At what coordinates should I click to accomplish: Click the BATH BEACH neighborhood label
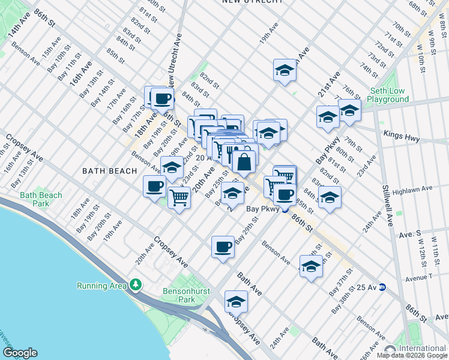(x=109, y=171)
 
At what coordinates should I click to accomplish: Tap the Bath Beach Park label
(x=41, y=199)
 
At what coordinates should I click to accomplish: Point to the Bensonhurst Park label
(x=172, y=295)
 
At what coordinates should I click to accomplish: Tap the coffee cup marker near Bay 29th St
(x=223, y=247)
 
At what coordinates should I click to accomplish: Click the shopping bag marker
(x=245, y=161)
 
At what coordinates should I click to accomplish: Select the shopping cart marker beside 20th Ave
(x=179, y=197)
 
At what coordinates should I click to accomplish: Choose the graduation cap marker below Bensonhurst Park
(x=237, y=301)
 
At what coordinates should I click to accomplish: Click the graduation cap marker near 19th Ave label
(x=285, y=70)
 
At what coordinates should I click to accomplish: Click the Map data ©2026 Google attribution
(x=411, y=355)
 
